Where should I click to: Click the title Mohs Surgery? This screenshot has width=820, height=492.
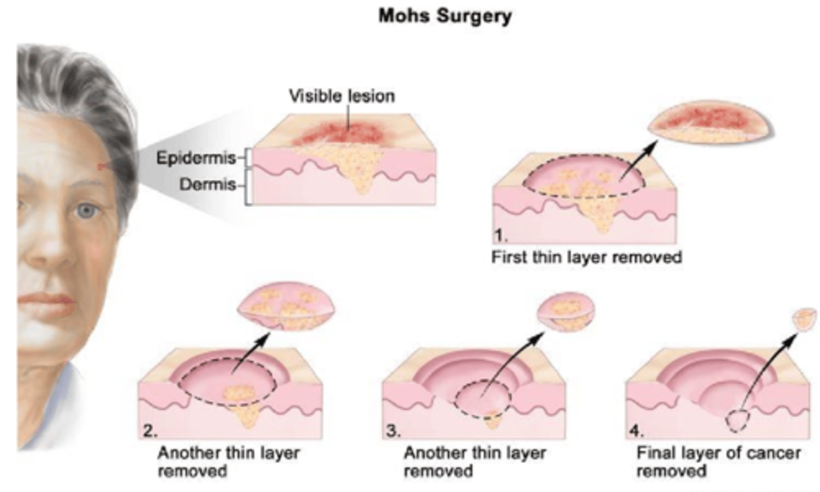click(x=445, y=15)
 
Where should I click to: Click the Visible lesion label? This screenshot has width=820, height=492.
click(x=342, y=96)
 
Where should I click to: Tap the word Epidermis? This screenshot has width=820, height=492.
click(x=196, y=158)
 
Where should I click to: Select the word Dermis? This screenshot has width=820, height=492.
click(x=207, y=184)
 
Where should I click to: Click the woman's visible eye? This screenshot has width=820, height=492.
click(x=86, y=211)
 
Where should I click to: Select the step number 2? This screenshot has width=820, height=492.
click(x=150, y=430)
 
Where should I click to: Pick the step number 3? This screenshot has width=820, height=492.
click(x=393, y=430)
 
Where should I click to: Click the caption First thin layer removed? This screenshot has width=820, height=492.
click(x=587, y=257)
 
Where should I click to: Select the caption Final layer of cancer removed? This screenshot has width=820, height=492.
click(x=719, y=462)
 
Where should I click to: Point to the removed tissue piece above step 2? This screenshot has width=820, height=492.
click(x=286, y=308)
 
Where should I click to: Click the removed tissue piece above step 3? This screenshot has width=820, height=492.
click(x=567, y=310)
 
